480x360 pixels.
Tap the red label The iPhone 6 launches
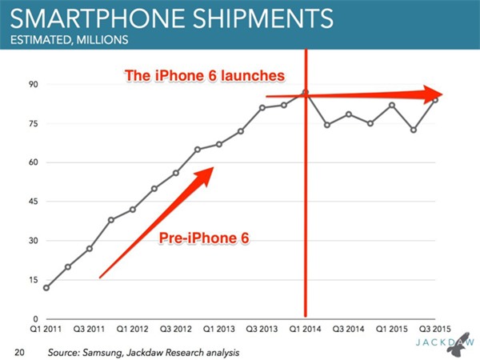point(204,76)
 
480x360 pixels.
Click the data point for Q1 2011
point(46,288)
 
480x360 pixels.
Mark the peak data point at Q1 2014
point(306,92)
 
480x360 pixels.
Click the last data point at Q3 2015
point(435,100)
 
